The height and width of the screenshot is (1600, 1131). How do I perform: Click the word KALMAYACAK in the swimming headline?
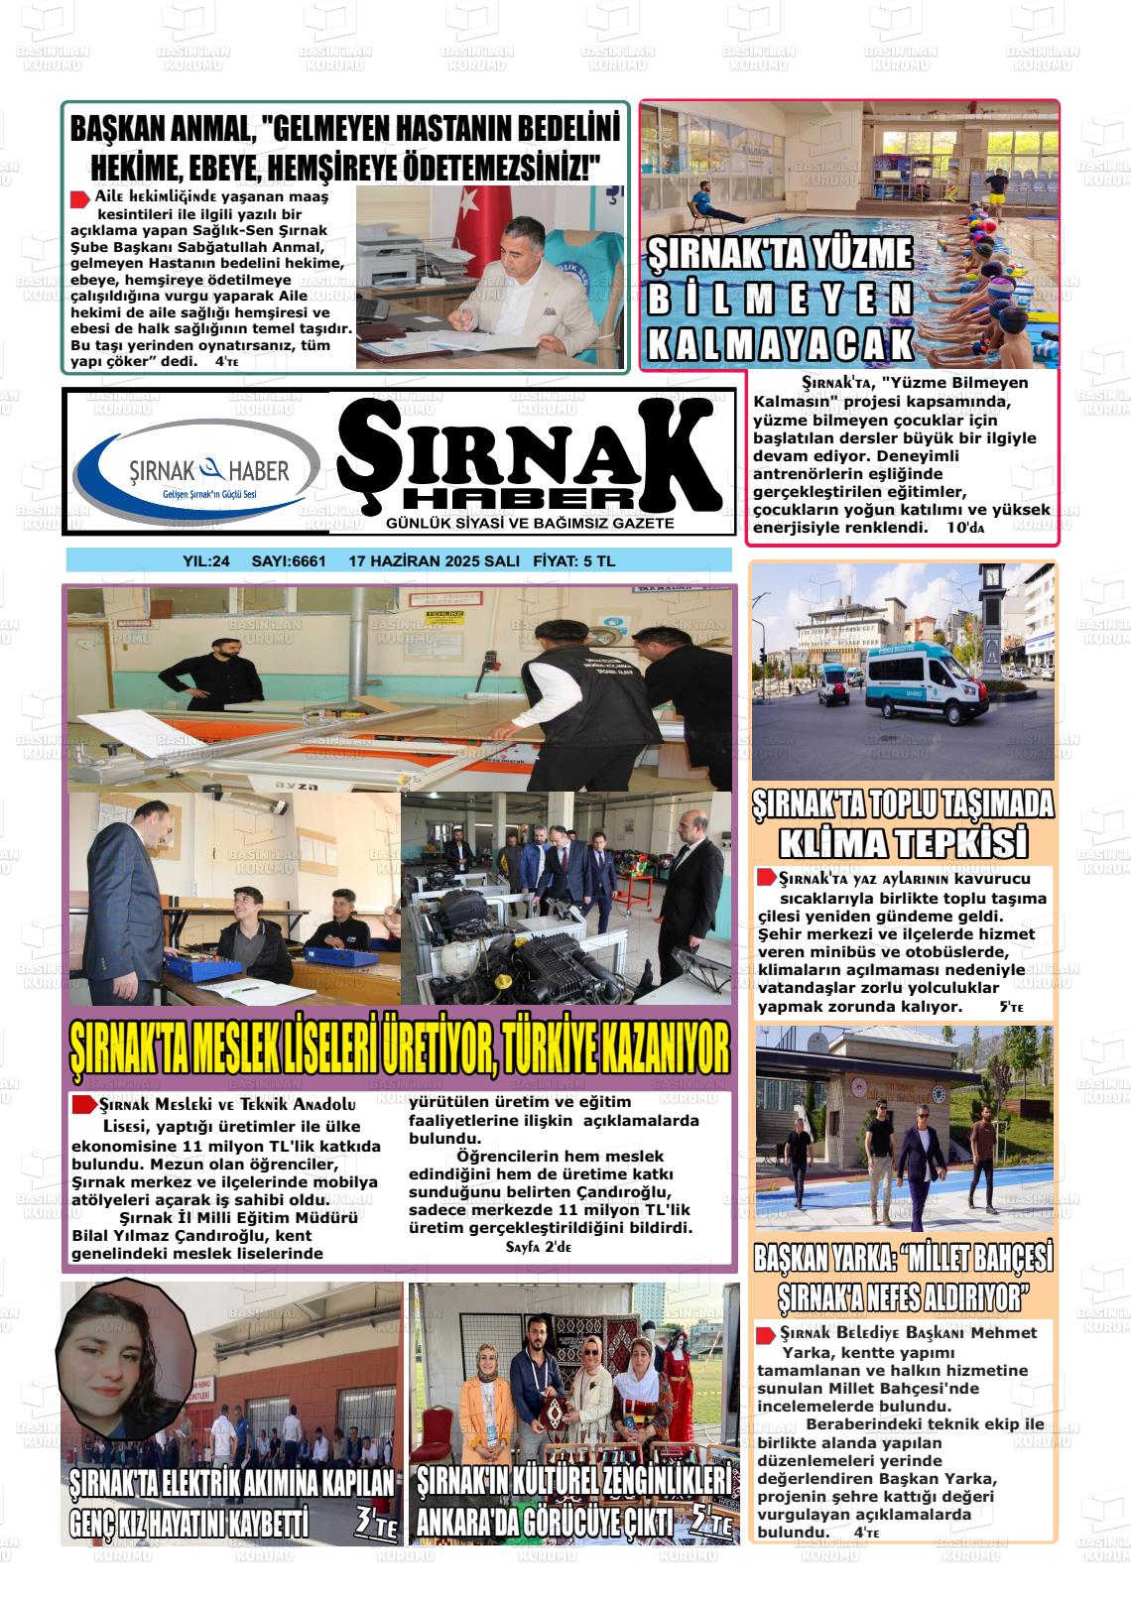(780, 342)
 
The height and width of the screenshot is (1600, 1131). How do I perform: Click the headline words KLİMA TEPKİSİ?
(902, 843)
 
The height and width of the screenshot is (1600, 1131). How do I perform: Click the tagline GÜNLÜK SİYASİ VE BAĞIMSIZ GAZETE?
(530, 523)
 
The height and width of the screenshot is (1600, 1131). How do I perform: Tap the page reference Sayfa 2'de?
(539, 1247)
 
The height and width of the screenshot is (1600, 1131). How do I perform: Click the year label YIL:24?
(206, 560)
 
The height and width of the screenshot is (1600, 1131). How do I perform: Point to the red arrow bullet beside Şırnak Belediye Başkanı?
(766, 1335)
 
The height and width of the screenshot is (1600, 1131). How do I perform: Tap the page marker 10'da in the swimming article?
(965, 529)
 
